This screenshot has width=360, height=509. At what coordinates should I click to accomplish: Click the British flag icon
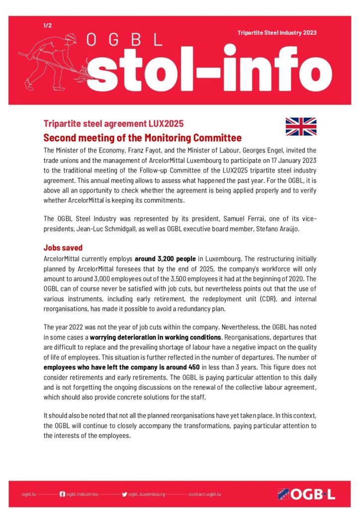click(x=301, y=126)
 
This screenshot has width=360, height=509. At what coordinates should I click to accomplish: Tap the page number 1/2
click(x=47, y=24)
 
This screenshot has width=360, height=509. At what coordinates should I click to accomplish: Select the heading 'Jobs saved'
click(x=63, y=248)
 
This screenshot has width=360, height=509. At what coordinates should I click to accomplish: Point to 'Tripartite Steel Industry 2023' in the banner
click(x=277, y=33)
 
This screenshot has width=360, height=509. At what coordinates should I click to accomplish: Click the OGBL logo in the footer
click(x=306, y=494)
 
